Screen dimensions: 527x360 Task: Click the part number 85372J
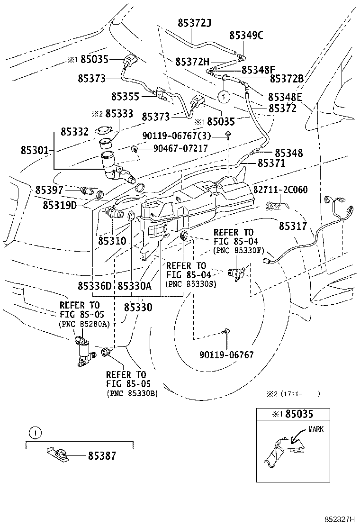tap(194, 22)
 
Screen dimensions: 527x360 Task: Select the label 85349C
tap(246, 35)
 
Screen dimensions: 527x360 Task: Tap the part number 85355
tap(125, 97)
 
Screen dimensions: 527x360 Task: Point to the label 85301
tap(35, 150)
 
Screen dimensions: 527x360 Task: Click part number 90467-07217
tap(180, 148)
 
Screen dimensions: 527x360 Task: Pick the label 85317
tap(293, 227)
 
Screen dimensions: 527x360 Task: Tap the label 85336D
tap(95, 286)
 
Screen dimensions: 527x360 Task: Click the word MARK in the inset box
tap(316, 429)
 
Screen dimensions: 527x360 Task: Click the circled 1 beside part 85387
tap(32, 432)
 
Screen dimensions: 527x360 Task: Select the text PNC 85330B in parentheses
tap(132, 393)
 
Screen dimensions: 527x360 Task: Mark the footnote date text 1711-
tap(297, 393)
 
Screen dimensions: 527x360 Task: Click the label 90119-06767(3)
tap(187, 136)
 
